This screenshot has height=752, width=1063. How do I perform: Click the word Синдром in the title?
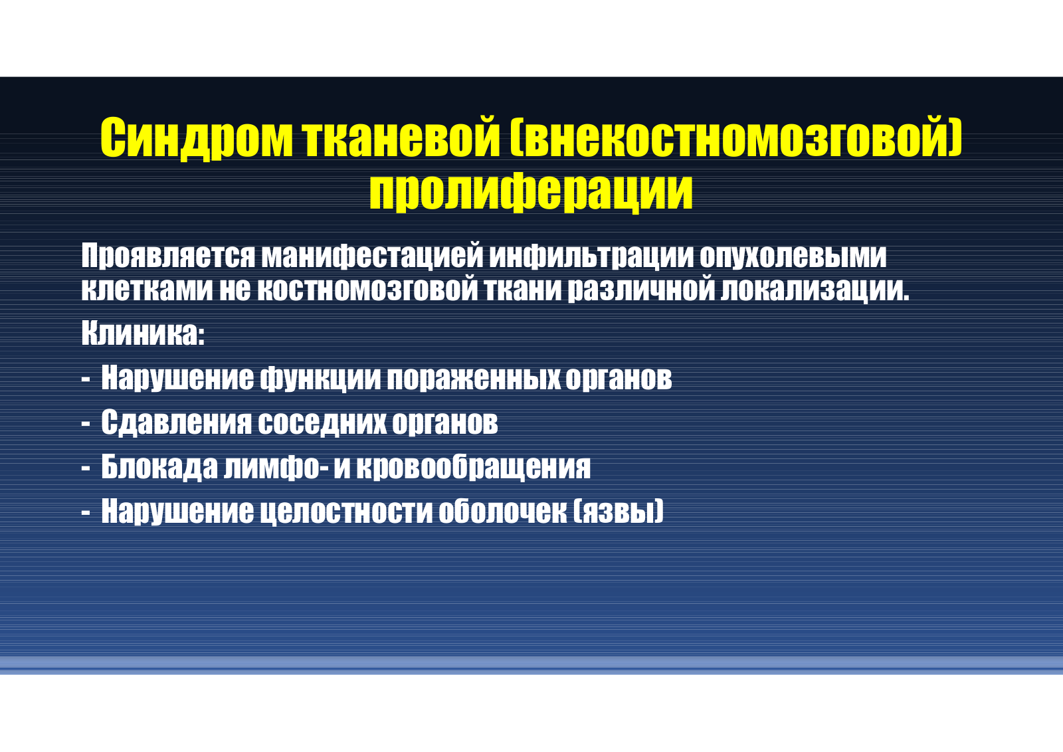197,138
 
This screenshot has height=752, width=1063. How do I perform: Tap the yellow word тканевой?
402,137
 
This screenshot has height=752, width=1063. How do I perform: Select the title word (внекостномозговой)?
736,137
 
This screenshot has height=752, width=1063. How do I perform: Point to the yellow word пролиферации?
531,191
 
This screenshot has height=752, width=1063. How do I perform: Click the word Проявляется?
169,256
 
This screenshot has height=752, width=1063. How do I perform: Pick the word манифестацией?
372,256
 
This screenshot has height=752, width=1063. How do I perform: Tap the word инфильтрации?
591,256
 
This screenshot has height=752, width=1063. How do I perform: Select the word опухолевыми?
793,256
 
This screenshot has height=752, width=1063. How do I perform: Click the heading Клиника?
143,333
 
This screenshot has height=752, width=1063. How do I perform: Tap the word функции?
320,378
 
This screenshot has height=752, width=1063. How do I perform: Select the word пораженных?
473,378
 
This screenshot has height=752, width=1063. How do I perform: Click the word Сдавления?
176,423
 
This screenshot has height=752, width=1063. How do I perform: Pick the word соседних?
322,423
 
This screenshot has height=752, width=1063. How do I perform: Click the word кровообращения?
473,467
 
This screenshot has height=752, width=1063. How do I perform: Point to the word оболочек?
502,511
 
